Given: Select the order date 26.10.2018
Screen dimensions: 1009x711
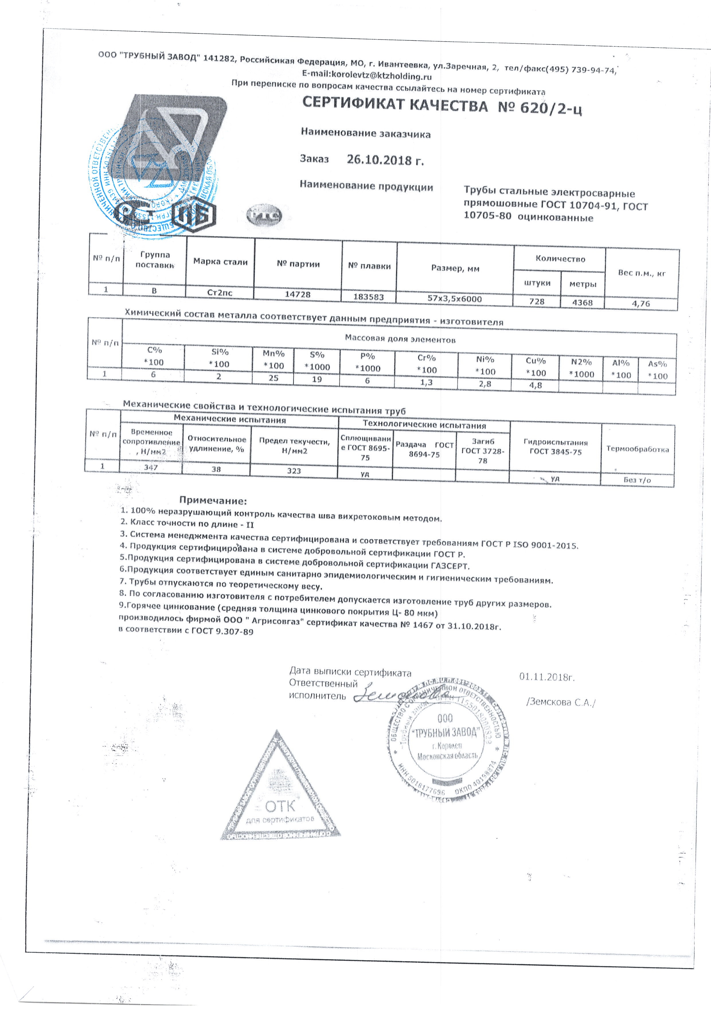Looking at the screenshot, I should [385, 160].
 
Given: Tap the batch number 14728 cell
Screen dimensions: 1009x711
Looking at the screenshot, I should [298, 294].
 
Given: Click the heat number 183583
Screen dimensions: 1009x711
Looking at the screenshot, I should [369, 297].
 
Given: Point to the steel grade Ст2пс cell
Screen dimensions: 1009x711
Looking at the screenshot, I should [220, 292].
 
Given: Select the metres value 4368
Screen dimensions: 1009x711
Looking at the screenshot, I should [582, 302].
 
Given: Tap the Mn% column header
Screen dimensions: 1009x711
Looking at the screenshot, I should [273, 359].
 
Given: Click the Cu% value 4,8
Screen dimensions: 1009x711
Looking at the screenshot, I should [535, 385].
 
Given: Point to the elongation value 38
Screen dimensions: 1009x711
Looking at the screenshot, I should [216, 469].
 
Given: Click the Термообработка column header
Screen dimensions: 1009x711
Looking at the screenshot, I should [637, 449].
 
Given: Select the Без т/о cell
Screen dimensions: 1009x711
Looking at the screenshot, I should [637, 480].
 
